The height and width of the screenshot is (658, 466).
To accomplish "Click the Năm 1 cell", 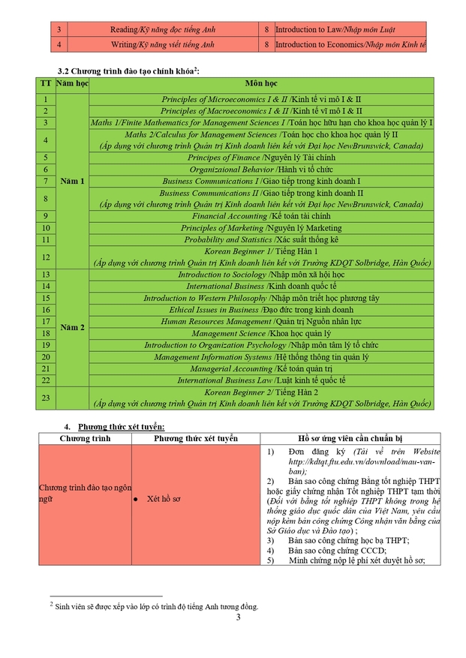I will point(72,181).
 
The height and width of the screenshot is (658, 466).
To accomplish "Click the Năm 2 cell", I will point(72,327).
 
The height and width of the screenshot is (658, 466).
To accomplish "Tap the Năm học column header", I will point(72,83).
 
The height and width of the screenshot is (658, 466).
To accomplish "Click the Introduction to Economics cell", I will point(350,45).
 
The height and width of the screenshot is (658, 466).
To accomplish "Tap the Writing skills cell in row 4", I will point(162,45).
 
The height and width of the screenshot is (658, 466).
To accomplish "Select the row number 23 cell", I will point(46,398).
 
